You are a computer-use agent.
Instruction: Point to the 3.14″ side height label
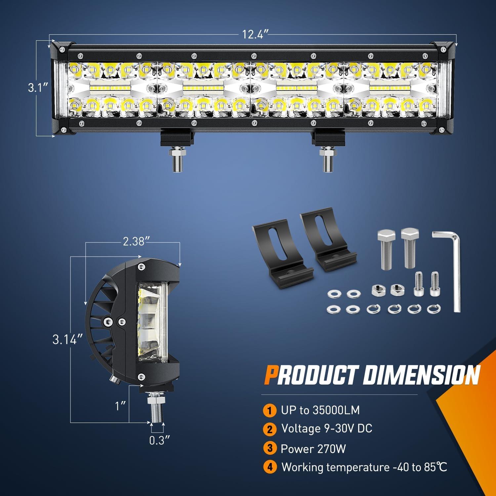click(67, 340)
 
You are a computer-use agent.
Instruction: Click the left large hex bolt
click(384, 250)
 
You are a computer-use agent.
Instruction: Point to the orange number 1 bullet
click(270, 411)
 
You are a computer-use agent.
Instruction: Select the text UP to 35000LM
click(320, 410)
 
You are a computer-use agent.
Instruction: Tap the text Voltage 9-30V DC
click(327, 429)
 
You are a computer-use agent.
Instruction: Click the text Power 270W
click(313, 449)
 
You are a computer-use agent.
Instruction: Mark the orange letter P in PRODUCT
click(270, 376)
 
